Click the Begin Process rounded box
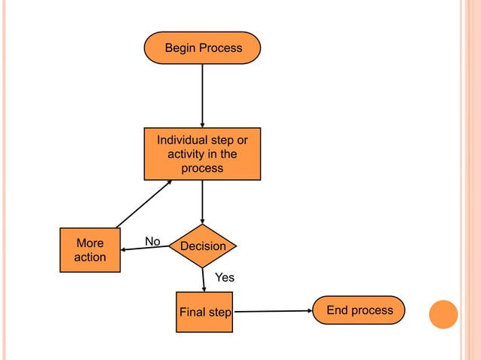click(x=202, y=47)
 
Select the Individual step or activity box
click(x=202, y=154)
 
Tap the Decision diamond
click(x=202, y=246)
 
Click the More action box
click(x=90, y=250)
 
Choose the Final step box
click(x=204, y=312)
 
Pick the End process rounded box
click(x=359, y=310)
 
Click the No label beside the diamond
click(x=153, y=241)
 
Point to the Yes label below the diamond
click(x=225, y=278)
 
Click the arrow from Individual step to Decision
click(x=202, y=202)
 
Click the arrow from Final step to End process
click(x=272, y=311)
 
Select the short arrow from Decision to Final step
click(x=204, y=279)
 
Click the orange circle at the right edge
click(x=443, y=314)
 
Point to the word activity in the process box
click(x=187, y=154)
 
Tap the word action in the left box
click(x=90, y=258)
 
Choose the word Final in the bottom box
click(x=193, y=313)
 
